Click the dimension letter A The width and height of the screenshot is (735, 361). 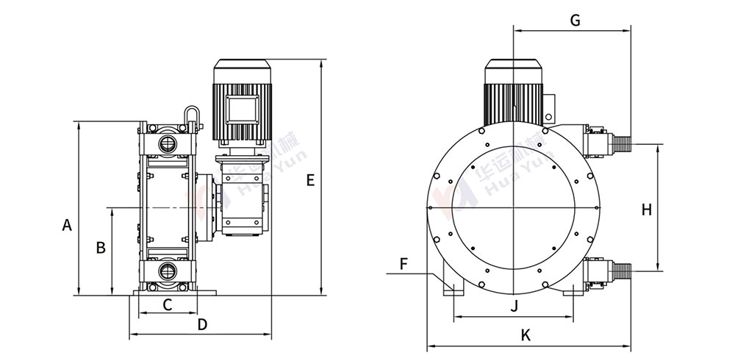point(67,226)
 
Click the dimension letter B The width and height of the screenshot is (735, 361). point(101,247)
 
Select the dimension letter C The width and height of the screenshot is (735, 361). point(167,304)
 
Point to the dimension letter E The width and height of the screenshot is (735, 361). point(310,180)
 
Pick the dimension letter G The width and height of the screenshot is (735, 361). point(576,21)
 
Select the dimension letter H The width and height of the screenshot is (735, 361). point(646,210)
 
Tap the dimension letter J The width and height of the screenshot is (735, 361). point(514,305)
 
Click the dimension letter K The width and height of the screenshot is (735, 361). point(526,335)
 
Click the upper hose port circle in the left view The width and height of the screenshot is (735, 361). point(167,141)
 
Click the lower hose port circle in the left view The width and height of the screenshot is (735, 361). point(167,271)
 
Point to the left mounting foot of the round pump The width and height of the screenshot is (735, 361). point(451,288)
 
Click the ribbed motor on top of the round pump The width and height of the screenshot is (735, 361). point(513,92)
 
